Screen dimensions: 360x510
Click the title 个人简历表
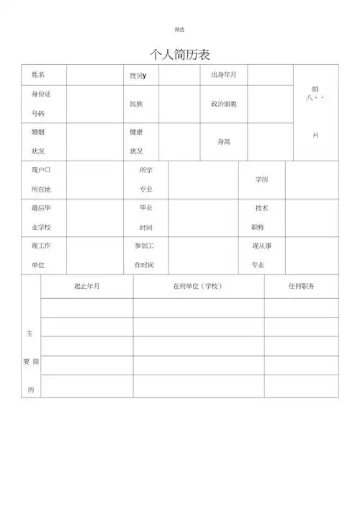tap(179, 55)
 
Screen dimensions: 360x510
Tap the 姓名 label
tap(38, 75)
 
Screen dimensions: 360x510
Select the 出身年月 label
tap(224, 75)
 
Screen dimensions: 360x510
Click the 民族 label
tap(136, 104)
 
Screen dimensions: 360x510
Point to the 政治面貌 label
tap(224, 104)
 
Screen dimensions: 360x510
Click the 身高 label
tap(224, 142)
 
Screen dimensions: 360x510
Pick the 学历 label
tap(262, 179)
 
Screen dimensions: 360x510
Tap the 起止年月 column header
tap(87, 286)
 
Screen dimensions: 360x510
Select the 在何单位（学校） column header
tap(198, 286)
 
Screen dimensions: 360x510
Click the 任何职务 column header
tap(301, 286)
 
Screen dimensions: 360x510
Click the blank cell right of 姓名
tap(93, 75)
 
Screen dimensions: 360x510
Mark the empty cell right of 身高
tap(271, 142)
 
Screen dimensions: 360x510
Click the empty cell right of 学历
tap(312, 179)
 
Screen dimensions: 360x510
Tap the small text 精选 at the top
tap(179, 30)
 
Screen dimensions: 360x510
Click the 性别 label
tap(137, 76)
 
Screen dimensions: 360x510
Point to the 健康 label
tap(136, 133)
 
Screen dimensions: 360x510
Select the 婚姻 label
tap(38, 133)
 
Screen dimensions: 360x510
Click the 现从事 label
tap(262, 246)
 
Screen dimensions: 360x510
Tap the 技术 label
tap(262, 208)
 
